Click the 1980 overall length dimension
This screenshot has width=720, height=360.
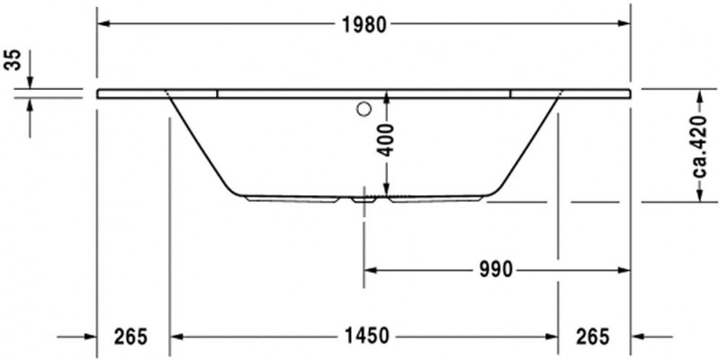coord(364,24)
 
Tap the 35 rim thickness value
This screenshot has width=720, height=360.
coord(12,61)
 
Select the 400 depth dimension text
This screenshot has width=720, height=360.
coord(385,140)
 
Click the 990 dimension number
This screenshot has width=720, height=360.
coord(496,269)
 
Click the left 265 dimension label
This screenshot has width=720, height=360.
coord(130,337)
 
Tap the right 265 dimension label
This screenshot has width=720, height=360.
coord(592,337)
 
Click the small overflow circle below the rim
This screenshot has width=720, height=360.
coord(364,111)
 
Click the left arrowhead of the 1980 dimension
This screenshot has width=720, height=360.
coord(103,23)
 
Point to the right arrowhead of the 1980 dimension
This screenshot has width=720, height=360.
coord(625,23)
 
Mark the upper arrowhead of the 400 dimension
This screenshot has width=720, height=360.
coord(385,98)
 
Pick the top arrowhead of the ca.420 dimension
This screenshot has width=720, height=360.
coord(698,94)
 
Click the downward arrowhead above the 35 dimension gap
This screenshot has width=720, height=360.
coord(30,83)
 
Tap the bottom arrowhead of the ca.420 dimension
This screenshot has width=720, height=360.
coord(698,196)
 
